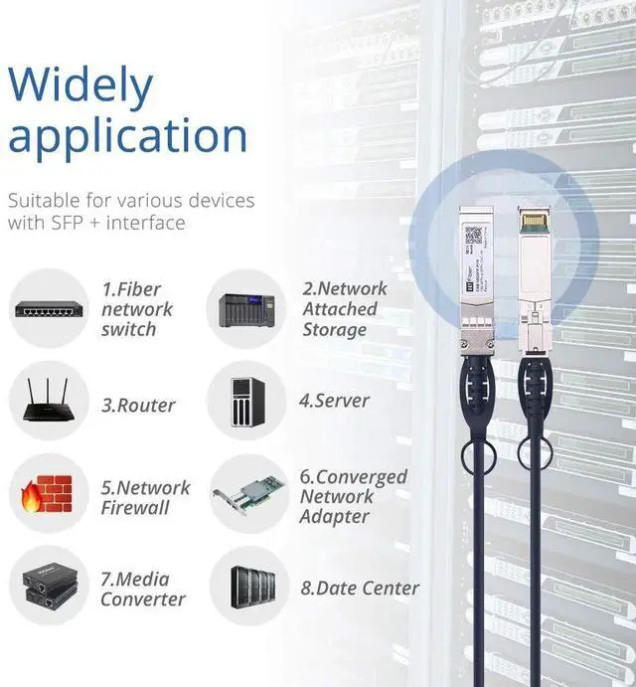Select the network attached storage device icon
pos(245,308)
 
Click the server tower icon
pos(245,401)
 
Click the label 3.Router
pos(137,406)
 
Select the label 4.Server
pos(334,401)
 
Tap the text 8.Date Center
pos(360,589)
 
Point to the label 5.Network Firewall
pos(145,497)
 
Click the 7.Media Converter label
pos(142,589)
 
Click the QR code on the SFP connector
pos(474,236)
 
